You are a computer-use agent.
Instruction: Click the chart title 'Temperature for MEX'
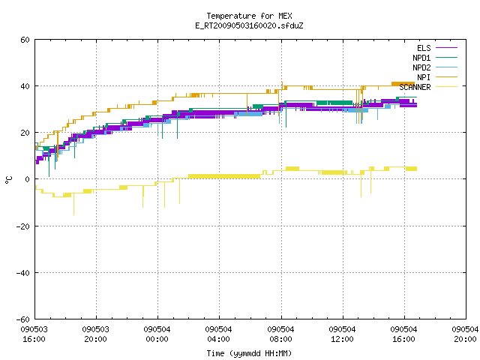click(x=249, y=16)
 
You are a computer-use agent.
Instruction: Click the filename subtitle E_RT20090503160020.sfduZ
click(x=249, y=25)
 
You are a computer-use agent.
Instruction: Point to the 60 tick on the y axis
click(x=25, y=40)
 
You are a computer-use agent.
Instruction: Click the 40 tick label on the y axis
click(x=25, y=86)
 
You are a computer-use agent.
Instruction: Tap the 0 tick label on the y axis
click(x=28, y=179)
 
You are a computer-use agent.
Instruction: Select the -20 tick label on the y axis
click(x=23, y=226)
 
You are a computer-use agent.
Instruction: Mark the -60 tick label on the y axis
click(x=23, y=319)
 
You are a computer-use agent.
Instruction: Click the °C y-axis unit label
click(x=8, y=180)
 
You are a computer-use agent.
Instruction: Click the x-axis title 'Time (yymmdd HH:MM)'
click(x=249, y=353)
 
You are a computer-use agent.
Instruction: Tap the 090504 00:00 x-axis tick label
click(x=157, y=334)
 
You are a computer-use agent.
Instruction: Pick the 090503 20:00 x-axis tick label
click(x=95, y=334)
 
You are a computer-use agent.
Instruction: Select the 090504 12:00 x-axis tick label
click(x=342, y=334)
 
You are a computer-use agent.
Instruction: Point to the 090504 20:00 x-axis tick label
click(x=465, y=334)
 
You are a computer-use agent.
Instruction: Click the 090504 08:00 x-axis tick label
click(x=280, y=334)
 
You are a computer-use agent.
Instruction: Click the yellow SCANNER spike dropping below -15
click(x=73, y=204)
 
